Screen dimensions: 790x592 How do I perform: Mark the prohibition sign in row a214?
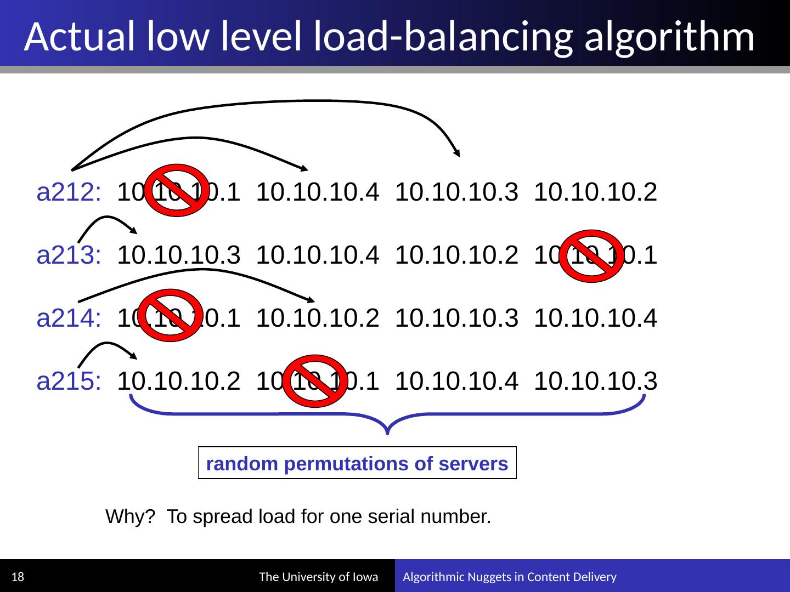171,315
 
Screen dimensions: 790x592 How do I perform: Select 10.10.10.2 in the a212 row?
595,192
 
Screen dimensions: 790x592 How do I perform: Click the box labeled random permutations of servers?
357,464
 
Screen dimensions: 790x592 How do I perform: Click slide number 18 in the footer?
18,577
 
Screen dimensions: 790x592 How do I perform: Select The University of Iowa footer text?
318,577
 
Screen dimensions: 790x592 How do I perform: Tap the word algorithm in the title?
669,37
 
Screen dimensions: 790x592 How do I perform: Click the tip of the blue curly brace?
388,434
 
